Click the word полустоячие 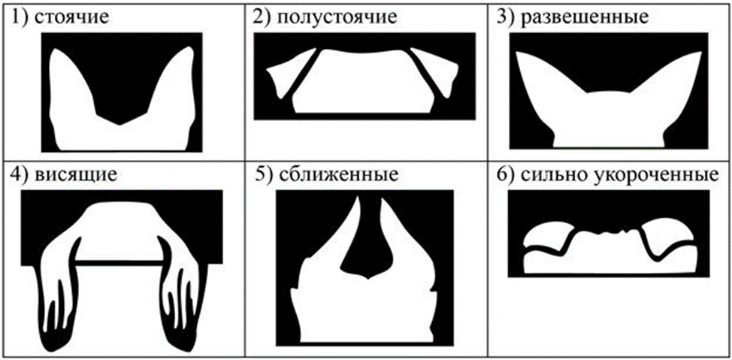(x=337, y=18)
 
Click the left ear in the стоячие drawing (x=70, y=89)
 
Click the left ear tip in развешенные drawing (x=517, y=53)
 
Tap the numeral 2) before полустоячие (x=261, y=18)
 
